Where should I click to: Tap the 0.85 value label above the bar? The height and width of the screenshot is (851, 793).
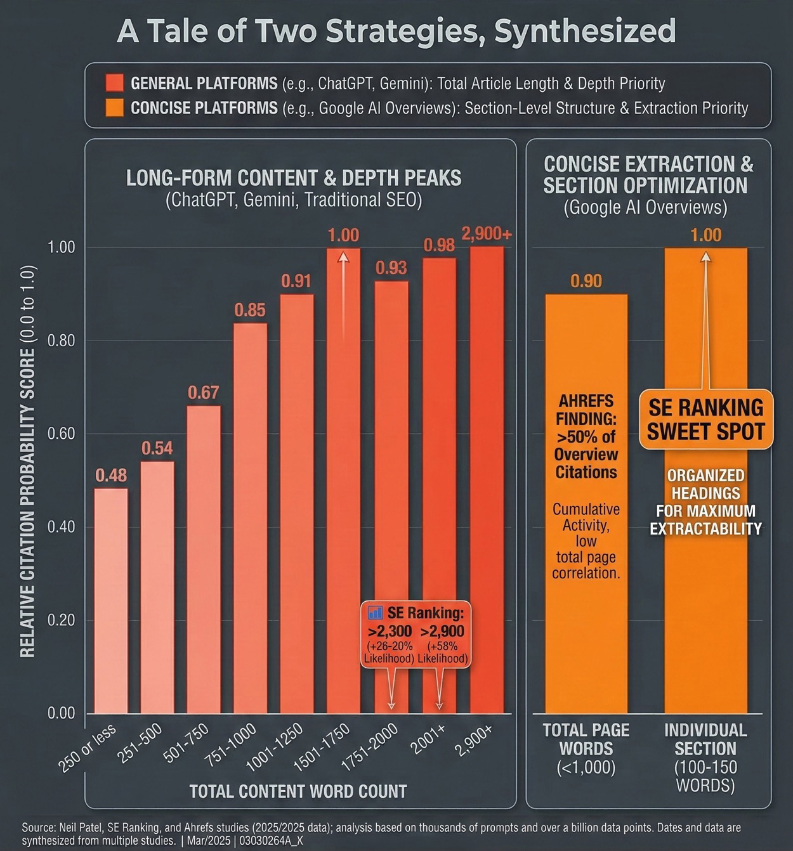(x=250, y=310)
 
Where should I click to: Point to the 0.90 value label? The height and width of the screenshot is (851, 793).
(x=586, y=281)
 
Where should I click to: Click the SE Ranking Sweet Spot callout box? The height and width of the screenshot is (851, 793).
(x=705, y=419)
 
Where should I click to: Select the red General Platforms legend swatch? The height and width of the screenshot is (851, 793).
(x=115, y=83)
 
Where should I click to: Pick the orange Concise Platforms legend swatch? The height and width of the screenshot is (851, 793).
(x=115, y=108)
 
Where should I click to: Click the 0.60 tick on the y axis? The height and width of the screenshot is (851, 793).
(x=62, y=434)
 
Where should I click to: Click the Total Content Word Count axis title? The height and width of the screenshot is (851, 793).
(x=298, y=791)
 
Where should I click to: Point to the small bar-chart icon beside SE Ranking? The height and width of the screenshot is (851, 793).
(x=376, y=613)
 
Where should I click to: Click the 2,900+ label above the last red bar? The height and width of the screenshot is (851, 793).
(x=487, y=234)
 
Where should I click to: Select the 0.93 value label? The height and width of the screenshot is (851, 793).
(x=391, y=268)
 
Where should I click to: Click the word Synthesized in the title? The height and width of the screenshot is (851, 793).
(x=584, y=31)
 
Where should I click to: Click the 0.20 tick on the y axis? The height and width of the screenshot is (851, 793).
(x=62, y=620)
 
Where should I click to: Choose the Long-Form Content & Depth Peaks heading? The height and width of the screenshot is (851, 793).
(x=294, y=178)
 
